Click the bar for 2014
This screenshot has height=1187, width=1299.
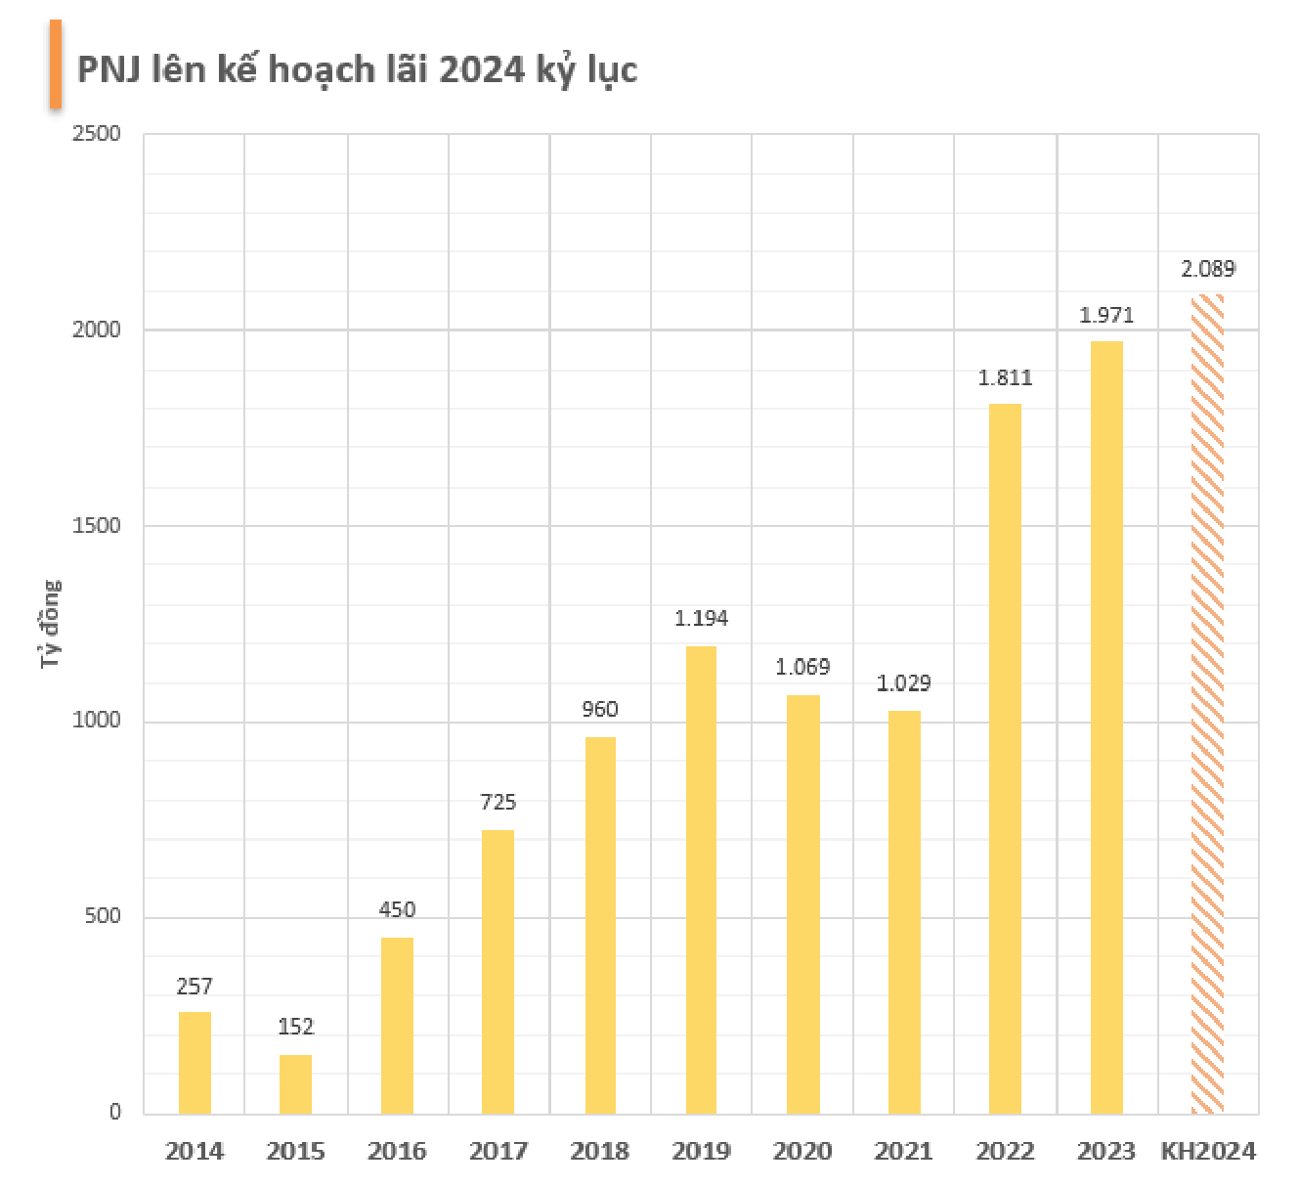click(x=195, y=1063)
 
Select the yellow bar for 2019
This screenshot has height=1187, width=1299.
click(x=701, y=880)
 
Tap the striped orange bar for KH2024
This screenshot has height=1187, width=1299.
click(x=1207, y=704)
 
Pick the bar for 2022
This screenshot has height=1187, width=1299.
click(x=1005, y=759)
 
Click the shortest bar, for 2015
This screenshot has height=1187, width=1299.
click(x=295, y=1084)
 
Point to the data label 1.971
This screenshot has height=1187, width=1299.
click(x=1106, y=315)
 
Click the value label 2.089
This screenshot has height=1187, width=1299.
click(x=1208, y=269)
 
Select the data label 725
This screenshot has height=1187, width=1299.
click(x=498, y=803)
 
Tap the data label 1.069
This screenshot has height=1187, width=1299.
click(x=802, y=667)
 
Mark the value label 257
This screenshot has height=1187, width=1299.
click(x=195, y=987)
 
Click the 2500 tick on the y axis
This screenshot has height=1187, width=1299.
click(x=97, y=134)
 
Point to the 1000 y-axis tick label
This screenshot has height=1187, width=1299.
click(x=97, y=721)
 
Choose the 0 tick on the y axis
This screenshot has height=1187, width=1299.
click(x=115, y=1112)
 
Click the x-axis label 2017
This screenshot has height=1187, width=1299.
click(x=498, y=1152)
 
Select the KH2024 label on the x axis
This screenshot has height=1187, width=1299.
click(x=1208, y=1152)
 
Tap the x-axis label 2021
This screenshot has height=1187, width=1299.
click(x=903, y=1152)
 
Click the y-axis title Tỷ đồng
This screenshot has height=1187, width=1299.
click(x=50, y=624)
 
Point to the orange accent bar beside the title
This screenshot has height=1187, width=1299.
click(x=56, y=64)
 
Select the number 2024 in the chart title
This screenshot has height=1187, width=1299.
click(x=482, y=70)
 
